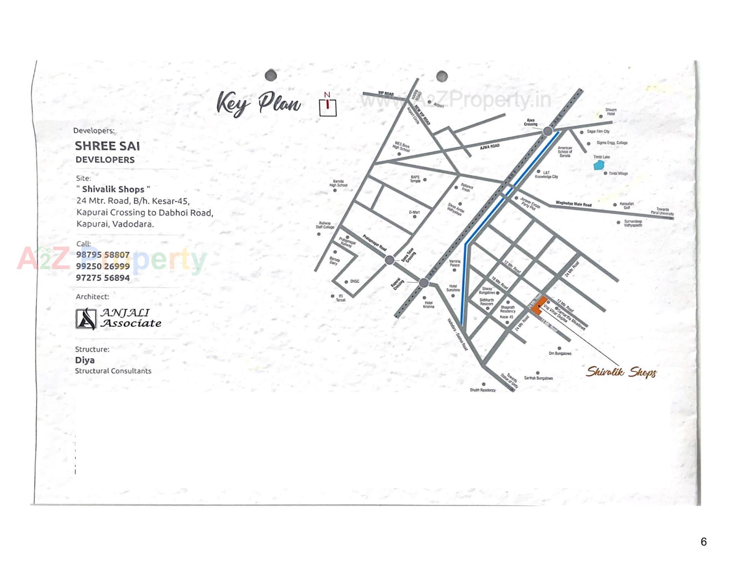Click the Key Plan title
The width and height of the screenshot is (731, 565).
pyautogui.click(x=259, y=103)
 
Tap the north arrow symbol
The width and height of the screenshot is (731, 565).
pyautogui.click(x=327, y=105)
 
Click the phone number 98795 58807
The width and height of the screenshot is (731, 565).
pyautogui.click(x=103, y=254)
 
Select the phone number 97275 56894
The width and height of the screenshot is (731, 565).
pyautogui.click(x=103, y=278)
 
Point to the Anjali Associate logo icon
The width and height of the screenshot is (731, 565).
pyautogui.click(x=86, y=319)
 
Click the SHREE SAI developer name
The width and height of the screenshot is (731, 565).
pyautogui.click(x=107, y=146)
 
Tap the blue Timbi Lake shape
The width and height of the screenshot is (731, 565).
pyautogui.click(x=599, y=165)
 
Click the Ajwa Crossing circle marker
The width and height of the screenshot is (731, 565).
pyautogui.click(x=547, y=131)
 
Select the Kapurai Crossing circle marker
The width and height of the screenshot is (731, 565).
pyautogui.click(x=424, y=283)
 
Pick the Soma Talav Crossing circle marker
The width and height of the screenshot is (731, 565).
pyautogui.click(x=389, y=260)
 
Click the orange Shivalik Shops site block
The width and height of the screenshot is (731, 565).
pyautogui.click(x=538, y=306)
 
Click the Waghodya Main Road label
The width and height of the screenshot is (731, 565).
pyautogui.click(x=573, y=204)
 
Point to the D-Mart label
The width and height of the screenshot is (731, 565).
pyautogui.click(x=414, y=212)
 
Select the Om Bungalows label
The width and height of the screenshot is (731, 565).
pyautogui.click(x=560, y=353)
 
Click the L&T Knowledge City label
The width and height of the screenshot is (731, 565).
pyautogui.click(x=546, y=175)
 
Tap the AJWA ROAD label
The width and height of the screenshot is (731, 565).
pyautogui.click(x=490, y=147)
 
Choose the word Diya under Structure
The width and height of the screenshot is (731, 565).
pyautogui.click(x=85, y=360)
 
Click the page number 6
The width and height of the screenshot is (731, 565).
pyautogui.click(x=704, y=541)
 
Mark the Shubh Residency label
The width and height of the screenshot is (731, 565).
pyautogui.click(x=482, y=390)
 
